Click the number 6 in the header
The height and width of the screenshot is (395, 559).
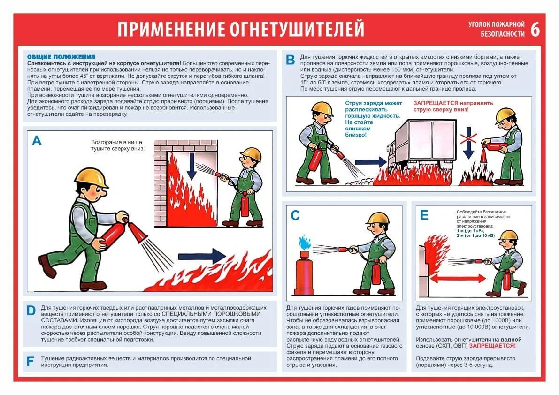coord(535,30)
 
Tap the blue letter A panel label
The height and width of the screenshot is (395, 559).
coord(37,140)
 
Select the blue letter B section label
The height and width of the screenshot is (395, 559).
coord(291,60)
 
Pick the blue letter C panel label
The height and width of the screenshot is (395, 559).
coord(295,215)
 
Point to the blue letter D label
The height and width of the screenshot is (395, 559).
coord(31,311)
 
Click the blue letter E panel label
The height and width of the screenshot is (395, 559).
coord(424,215)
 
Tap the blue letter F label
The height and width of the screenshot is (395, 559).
coord(31,361)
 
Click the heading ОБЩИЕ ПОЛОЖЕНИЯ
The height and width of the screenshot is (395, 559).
coord(61,56)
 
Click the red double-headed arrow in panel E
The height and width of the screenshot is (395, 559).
coord(458,279)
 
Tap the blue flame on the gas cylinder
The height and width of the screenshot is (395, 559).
coord(304,243)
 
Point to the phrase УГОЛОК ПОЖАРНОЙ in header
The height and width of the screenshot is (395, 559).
coord(496,24)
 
